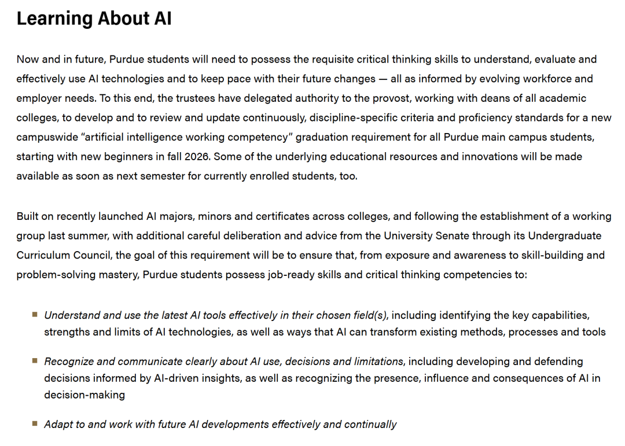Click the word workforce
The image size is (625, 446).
point(534,79)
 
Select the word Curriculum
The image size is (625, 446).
point(43,255)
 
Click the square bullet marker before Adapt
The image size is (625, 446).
point(35,423)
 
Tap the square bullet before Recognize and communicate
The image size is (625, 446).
point(35,360)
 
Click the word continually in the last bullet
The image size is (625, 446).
point(370,424)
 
